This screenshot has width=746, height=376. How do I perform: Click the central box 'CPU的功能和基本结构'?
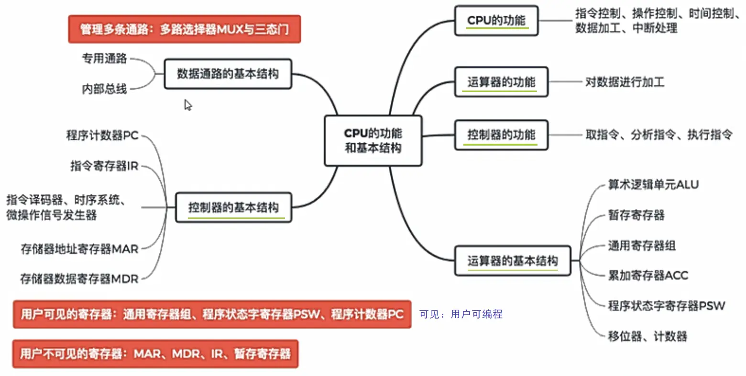373,140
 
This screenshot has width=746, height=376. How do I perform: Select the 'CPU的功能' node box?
496,21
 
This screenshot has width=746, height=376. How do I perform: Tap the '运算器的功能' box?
501,82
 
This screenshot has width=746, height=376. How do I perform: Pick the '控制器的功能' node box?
501,135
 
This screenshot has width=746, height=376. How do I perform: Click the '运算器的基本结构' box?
512,261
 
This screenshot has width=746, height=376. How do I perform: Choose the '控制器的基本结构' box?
233,207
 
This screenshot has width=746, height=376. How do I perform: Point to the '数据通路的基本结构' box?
228,74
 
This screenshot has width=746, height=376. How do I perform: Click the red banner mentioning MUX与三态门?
184,29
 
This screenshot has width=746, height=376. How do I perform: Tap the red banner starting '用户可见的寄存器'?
212,314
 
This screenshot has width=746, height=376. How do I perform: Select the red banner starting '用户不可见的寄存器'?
155,354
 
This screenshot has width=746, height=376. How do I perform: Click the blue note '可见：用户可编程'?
461,314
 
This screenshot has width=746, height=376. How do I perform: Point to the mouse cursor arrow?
187,105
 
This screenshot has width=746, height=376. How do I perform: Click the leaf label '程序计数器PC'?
102,136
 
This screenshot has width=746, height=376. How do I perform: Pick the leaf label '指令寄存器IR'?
104,166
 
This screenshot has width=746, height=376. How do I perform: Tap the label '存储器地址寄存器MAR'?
79,249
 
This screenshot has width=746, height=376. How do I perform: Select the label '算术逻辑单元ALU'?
653,184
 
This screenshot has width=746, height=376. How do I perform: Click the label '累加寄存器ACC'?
647,275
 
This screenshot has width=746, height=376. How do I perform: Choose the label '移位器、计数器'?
647,336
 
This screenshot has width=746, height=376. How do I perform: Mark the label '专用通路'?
104,58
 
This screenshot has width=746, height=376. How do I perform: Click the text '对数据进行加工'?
625,82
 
